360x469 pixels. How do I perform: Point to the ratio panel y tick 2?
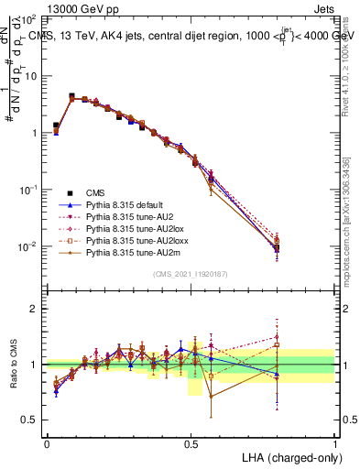click(36, 309)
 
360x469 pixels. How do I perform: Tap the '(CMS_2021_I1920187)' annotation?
click(191, 272)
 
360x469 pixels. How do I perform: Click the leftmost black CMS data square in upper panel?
click(56, 125)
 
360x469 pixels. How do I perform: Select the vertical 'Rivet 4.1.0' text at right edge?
click(351, 55)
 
